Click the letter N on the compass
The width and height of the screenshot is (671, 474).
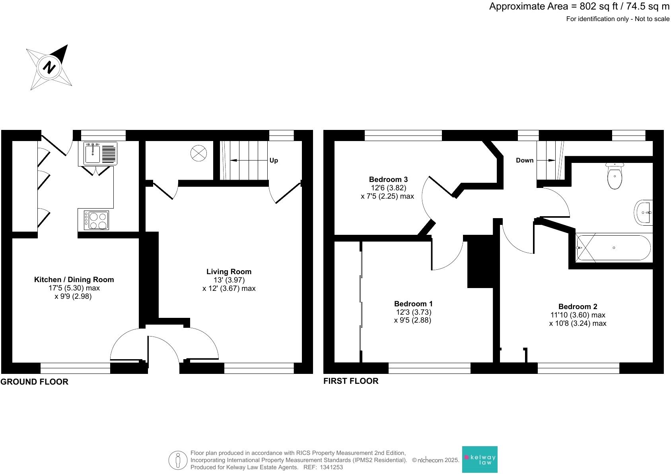[49, 67]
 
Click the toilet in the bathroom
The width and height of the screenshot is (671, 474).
[615, 177]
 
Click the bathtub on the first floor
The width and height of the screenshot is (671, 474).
[614, 248]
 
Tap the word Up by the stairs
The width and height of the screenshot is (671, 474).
[274, 161]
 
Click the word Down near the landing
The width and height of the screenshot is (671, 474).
[524, 161]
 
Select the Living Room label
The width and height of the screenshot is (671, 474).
[229, 272]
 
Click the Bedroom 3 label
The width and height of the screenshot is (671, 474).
[388, 180]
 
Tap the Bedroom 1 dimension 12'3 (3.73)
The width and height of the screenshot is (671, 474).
[413, 312]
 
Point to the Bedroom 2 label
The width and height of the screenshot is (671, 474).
[578, 306]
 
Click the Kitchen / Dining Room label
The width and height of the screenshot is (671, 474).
[74, 280]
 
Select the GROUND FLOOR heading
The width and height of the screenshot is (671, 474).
[35, 382]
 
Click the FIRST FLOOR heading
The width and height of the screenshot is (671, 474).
[351, 381]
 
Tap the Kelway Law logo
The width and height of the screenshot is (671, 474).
[480, 460]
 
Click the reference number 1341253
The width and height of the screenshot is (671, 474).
[331, 467]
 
